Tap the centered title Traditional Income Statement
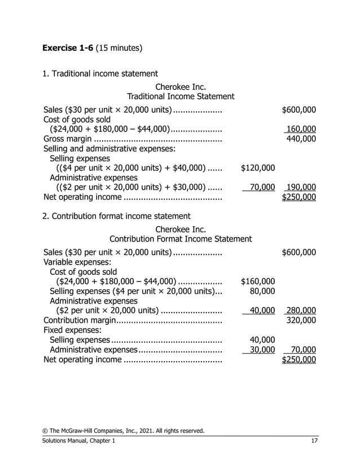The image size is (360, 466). pos(181,97)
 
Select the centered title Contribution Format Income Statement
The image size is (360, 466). pos(181,239)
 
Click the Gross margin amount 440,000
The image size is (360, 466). pos(301,139)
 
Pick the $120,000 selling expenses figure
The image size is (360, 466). pos(258,168)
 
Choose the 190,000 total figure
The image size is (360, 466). pos(301,187)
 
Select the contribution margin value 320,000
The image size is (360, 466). pos(301,320)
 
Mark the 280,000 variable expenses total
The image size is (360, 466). pos(301,310)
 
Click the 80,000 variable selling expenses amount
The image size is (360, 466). pos(262,291)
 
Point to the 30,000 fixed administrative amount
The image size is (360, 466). pos(262,350)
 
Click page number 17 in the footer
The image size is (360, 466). pos(314,441)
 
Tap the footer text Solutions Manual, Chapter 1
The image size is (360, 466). pos(80,441)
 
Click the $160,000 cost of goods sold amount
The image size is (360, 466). pos(258,281)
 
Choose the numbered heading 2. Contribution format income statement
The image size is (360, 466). pos(117,216)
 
